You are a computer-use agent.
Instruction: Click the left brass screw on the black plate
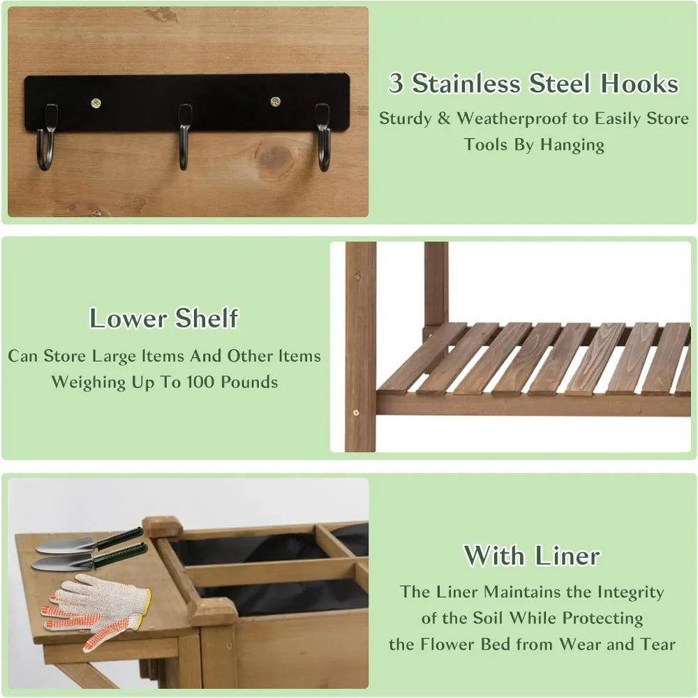point(96,103)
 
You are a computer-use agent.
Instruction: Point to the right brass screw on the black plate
point(276,102)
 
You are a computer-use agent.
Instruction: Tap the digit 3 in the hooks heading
point(396,84)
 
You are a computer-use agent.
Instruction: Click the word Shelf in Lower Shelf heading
point(207,319)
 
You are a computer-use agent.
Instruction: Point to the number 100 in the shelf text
point(215,383)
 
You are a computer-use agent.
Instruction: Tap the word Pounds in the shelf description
point(253,383)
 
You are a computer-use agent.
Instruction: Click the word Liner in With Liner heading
point(566,556)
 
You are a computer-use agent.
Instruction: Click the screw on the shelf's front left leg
point(356,413)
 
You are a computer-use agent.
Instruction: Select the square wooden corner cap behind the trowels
point(162,527)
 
